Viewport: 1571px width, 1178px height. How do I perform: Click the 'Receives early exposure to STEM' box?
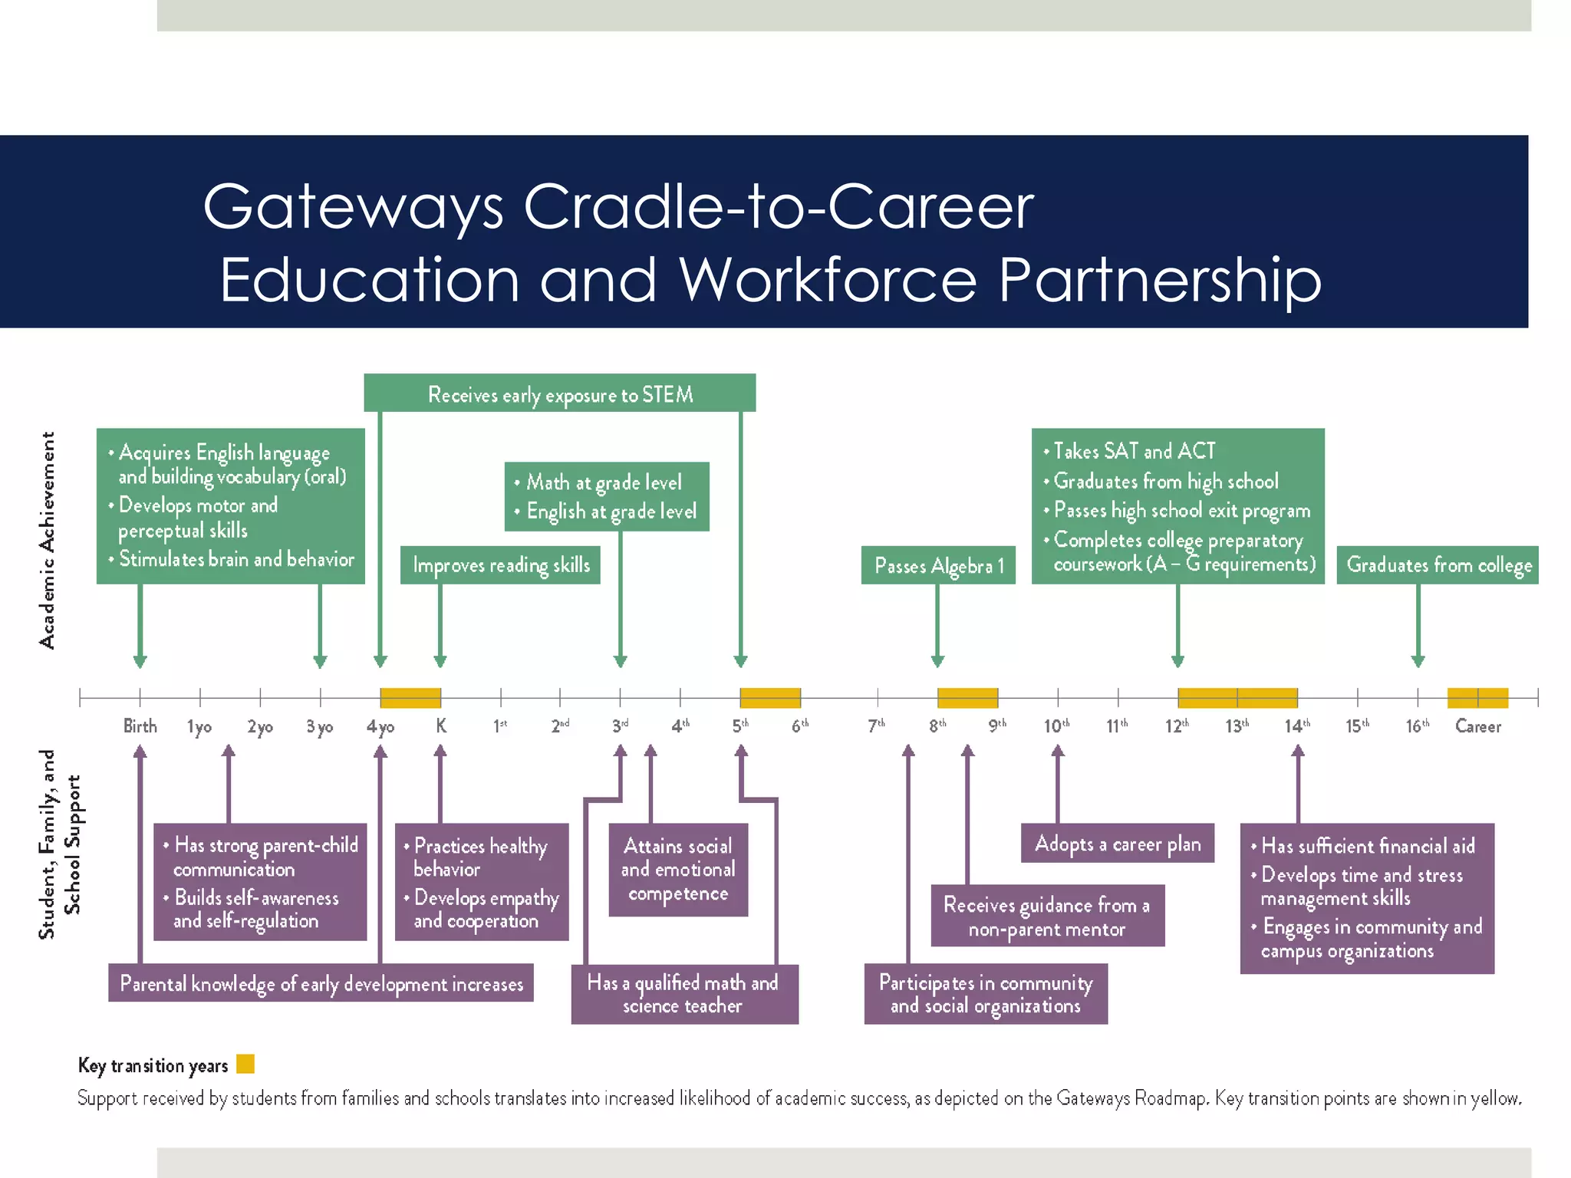559,394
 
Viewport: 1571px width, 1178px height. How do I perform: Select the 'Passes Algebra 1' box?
938,565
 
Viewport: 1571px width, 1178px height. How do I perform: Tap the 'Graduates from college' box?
1438,565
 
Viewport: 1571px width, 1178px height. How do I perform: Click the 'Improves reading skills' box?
500,565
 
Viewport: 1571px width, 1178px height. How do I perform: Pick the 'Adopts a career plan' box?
1117,844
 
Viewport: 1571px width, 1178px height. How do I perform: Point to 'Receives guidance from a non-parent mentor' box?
1047,916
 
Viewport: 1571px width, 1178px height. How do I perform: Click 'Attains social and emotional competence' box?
678,870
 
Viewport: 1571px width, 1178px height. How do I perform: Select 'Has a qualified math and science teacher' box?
684,994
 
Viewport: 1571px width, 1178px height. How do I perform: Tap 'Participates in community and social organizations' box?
986,994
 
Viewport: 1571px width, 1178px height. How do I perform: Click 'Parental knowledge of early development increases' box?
321,983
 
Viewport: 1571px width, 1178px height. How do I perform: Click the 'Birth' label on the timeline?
140,726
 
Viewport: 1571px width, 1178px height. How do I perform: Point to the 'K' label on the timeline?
441,726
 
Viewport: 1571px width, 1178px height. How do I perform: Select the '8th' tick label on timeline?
937,726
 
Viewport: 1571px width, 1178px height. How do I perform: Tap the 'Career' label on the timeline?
1477,726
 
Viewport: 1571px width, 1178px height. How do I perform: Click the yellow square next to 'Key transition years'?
245,1064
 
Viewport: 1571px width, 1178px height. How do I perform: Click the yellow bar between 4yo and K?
410,698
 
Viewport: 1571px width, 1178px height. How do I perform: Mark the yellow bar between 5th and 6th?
770,698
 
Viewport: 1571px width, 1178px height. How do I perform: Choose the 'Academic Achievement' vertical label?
48,540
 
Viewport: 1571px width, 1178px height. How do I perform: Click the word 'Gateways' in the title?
353,207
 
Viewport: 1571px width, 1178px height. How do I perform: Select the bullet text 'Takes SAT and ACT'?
1134,451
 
